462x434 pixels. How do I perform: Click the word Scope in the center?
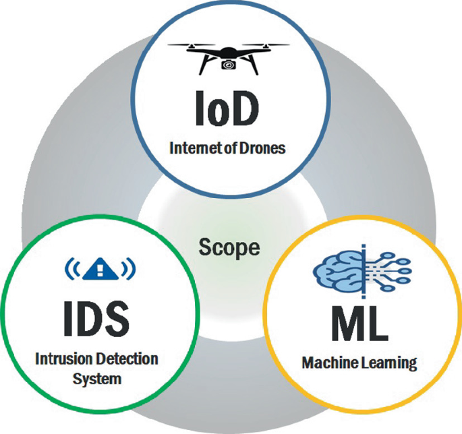[x=229, y=248]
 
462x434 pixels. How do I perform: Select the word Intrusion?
[x=64, y=358]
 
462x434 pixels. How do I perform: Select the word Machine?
[x=326, y=363]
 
